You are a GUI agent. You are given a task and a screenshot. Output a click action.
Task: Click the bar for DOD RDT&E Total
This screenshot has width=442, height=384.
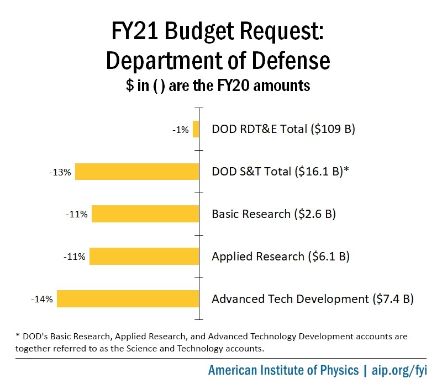pyautogui.click(x=196, y=129)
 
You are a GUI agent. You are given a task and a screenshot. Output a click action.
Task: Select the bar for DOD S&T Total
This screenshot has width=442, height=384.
pyautogui.click(x=137, y=172)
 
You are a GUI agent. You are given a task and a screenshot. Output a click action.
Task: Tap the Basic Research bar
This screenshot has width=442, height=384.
pyautogui.click(x=145, y=214)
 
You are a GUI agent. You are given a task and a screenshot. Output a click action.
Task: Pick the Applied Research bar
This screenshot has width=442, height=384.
pyautogui.click(x=144, y=256)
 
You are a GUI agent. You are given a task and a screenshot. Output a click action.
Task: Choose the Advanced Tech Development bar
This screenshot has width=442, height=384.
pyautogui.click(x=128, y=298)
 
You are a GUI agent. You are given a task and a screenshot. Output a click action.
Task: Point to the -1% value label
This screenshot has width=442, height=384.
pyautogui.click(x=181, y=130)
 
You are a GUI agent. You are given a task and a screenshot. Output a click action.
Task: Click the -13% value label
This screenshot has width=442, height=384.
pyautogui.click(x=60, y=172)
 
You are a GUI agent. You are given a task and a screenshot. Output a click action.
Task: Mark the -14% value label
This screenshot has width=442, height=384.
pyautogui.click(x=42, y=300)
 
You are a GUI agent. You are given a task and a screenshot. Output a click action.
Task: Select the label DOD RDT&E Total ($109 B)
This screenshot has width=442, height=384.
pyautogui.click(x=283, y=130)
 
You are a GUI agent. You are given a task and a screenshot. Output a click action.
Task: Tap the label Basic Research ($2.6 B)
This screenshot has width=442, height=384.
pyautogui.click(x=274, y=214)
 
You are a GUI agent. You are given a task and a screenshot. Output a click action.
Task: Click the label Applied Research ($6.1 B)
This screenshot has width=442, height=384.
pyautogui.click(x=281, y=257)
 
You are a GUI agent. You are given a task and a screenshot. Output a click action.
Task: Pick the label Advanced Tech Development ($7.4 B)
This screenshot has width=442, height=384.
pyautogui.click(x=313, y=299)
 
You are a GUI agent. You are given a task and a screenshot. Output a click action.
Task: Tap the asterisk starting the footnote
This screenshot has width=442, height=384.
pyautogui.click(x=18, y=335)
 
